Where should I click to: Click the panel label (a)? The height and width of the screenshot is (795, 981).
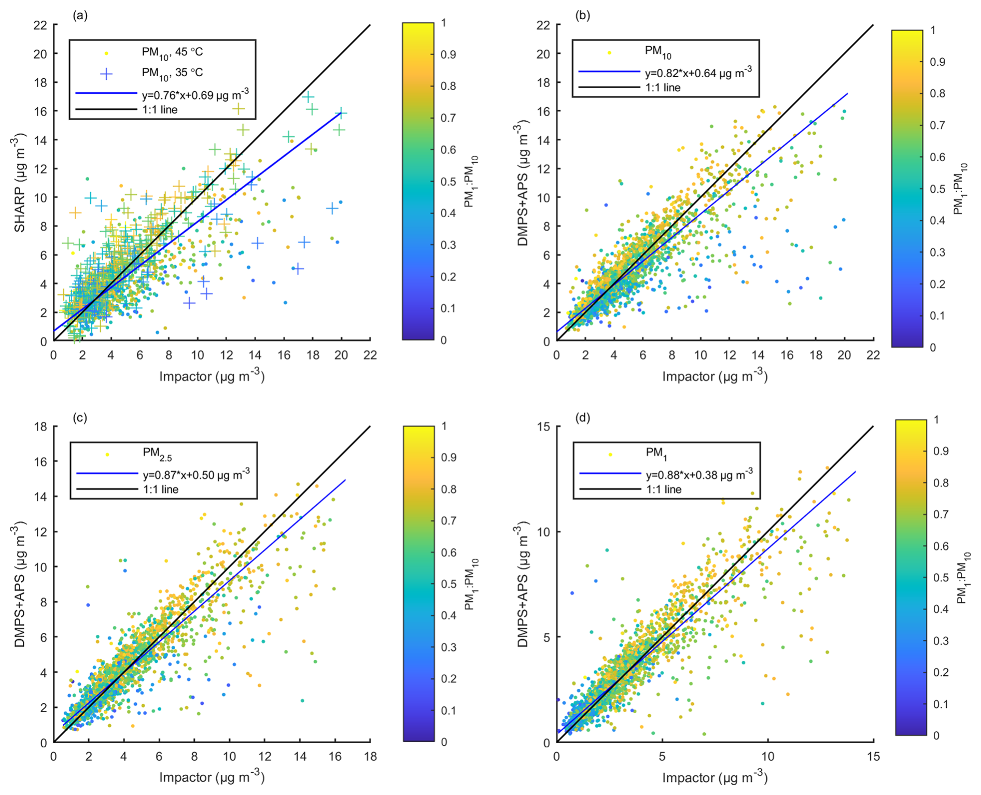point(80,16)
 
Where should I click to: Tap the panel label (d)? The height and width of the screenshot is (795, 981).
point(583,418)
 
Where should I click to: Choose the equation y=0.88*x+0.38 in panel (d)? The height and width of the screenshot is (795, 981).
point(699,474)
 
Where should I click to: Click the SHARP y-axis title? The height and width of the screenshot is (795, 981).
point(20,182)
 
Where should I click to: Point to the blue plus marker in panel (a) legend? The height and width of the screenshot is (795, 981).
point(106,74)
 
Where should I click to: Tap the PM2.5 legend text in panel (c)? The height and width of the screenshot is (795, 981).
point(157,453)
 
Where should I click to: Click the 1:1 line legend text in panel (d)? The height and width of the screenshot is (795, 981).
point(664,489)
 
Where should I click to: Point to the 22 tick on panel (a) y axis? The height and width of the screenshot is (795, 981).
point(40,25)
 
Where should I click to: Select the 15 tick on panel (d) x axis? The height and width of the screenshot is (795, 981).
point(873,756)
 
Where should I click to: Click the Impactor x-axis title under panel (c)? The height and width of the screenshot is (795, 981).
point(212,778)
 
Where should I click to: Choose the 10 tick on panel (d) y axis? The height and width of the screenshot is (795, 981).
point(544,532)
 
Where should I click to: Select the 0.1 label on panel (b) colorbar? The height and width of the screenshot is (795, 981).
point(937,316)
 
